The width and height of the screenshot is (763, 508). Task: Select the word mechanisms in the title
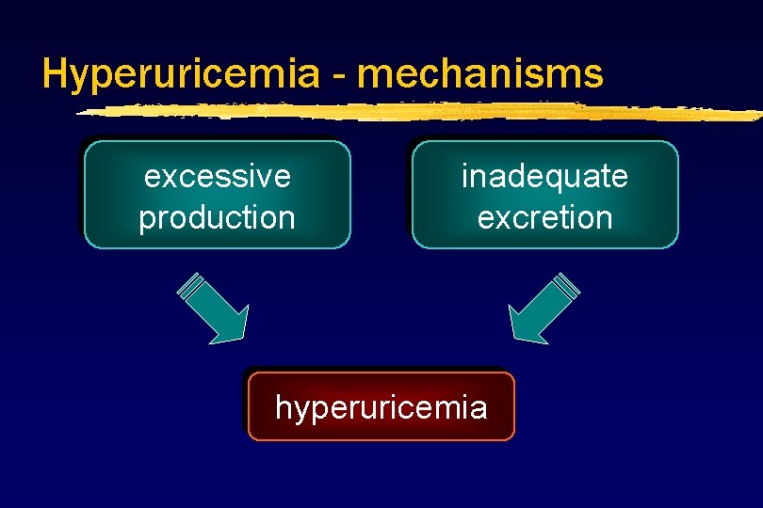[x=480, y=73]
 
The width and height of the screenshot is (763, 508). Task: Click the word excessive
[x=217, y=176]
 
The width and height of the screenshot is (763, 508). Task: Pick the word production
[x=217, y=218]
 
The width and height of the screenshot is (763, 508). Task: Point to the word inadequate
[x=544, y=176]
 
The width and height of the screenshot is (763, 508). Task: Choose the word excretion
[x=544, y=218]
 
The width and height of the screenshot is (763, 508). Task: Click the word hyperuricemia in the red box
[x=381, y=407]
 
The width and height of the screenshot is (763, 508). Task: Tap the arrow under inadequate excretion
[x=544, y=307]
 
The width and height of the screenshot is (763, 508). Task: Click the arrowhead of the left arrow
[x=232, y=325]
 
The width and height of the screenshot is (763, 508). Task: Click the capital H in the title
[x=55, y=73]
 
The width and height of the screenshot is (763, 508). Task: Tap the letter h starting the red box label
[x=283, y=406]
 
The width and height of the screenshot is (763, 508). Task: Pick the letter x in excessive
[x=169, y=177]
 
